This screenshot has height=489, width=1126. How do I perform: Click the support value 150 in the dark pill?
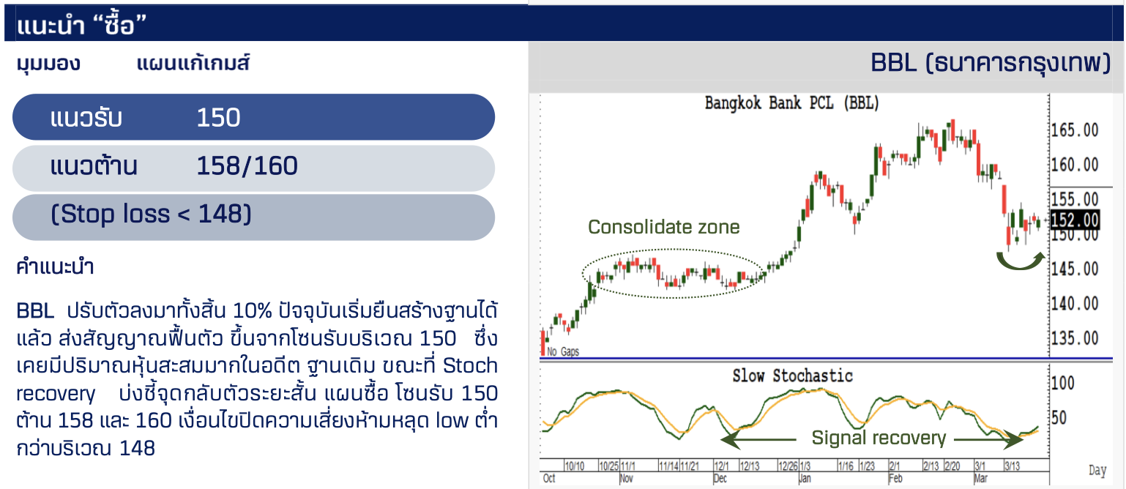point(218,118)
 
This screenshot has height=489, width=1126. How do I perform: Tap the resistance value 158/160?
point(247,166)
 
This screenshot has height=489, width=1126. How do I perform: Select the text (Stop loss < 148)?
point(151,214)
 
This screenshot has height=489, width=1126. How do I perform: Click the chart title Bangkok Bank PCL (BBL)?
point(791,103)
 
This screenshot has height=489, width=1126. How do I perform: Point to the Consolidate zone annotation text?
point(663,227)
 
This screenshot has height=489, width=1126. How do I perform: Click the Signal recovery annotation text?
point(879,438)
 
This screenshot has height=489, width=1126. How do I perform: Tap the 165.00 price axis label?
point(1075,130)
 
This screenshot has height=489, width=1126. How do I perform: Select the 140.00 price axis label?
point(1075,304)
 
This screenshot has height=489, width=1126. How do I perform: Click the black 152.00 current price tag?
point(1075,220)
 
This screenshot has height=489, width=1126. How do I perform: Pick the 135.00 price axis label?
point(1075,338)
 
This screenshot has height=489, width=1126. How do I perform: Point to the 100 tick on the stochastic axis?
point(1062,384)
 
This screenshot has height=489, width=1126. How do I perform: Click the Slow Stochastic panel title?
point(792,376)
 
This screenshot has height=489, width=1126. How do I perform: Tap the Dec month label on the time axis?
point(720,479)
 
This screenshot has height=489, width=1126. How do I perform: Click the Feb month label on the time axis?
point(895,479)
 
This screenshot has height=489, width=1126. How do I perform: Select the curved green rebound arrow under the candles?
point(1021,262)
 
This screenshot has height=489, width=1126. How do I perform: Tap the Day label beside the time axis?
point(1098,471)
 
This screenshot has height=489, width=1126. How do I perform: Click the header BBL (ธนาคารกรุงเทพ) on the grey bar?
point(991,64)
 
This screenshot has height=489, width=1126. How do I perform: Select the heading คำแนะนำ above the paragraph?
point(55,266)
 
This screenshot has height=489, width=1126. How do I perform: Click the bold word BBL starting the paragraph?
point(35,311)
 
